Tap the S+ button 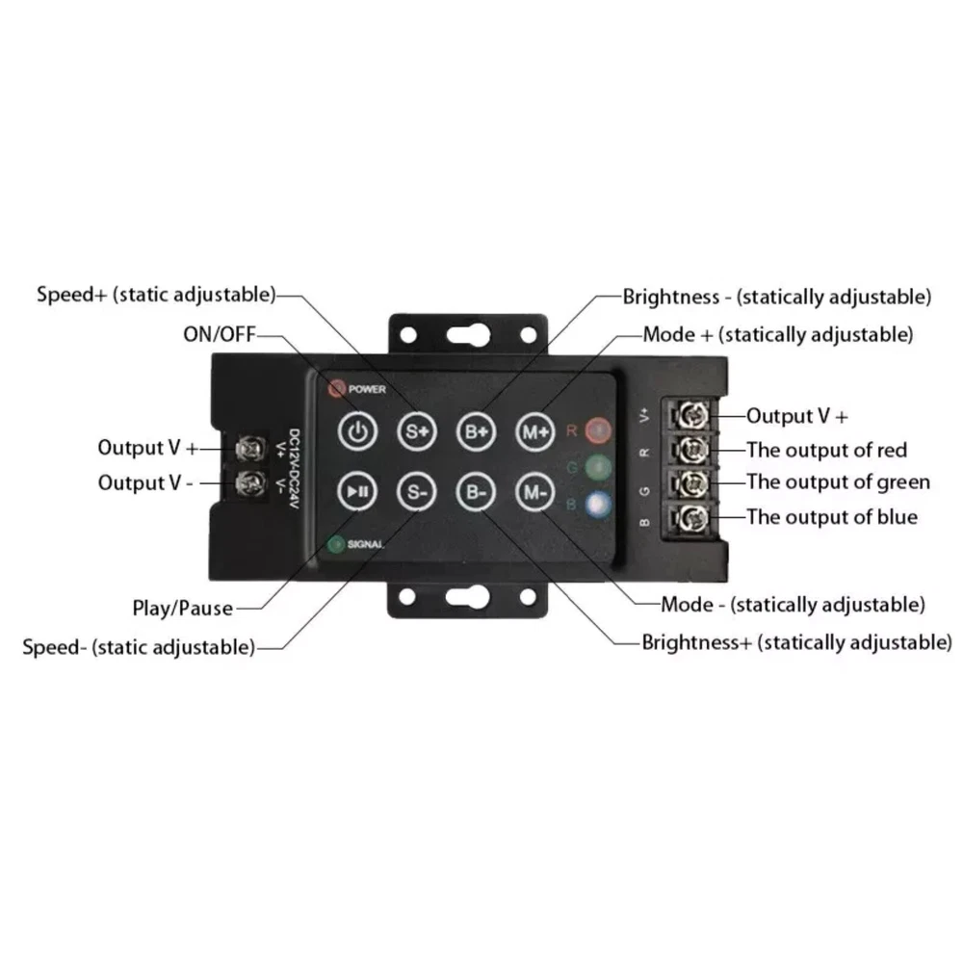click(417, 431)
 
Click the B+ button click(476, 431)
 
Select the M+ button click(534, 431)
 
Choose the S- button click(417, 491)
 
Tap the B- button click(476, 491)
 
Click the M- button click(534, 491)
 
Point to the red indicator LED click(598, 430)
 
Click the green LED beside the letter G click(598, 468)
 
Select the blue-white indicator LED click(598, 505)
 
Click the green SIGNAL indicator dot click(336, 544)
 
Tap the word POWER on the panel click(367, 389)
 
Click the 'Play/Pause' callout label click(183, 609)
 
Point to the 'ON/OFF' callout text click(220, 334)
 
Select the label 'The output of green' click(839, 482)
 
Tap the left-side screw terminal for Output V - click(251, 483)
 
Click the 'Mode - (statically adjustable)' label click(793, 605)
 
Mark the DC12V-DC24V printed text click(294, 468)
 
